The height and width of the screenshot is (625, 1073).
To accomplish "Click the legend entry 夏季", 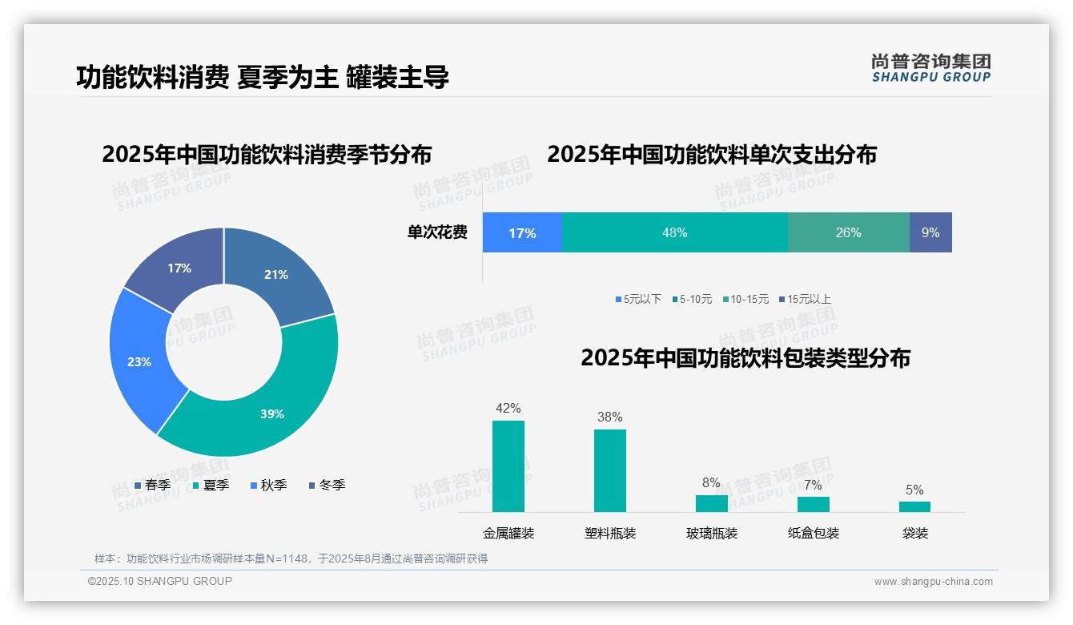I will [211, 486].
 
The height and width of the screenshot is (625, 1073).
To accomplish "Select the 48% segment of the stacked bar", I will [674, 233].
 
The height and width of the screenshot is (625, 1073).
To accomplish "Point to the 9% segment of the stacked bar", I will [930, 233].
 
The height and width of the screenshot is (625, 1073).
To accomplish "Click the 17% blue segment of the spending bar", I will [522, 233].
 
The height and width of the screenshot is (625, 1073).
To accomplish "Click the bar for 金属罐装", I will [508, 466].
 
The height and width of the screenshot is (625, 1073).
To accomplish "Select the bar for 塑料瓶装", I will [609, 470].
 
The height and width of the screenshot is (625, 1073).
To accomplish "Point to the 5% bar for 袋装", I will [914, 506].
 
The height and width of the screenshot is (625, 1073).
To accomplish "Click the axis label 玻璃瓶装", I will [712, 534].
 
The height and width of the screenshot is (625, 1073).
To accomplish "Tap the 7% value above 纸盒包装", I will [813, 485].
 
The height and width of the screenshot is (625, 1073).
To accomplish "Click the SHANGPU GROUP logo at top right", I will [930, 68].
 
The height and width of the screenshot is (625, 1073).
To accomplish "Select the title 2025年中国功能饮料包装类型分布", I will [745, 358].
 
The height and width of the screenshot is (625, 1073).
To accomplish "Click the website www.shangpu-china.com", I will [933, 582].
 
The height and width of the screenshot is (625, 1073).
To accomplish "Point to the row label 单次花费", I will [437, 233].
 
